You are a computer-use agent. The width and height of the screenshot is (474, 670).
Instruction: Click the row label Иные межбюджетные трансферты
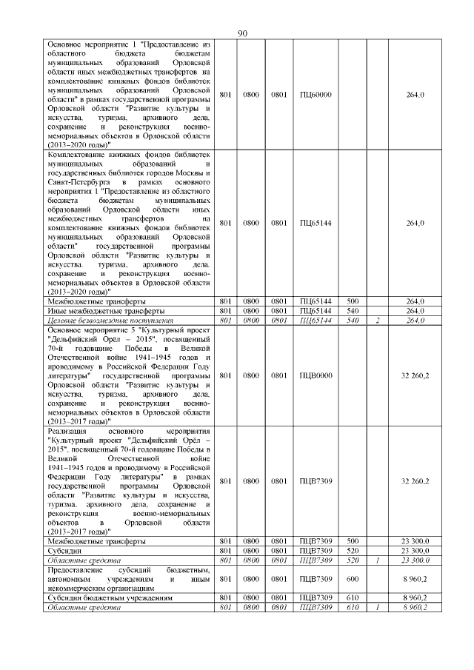[x=96, y=311]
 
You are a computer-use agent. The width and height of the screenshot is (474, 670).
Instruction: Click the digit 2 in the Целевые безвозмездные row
[x=377, y=321]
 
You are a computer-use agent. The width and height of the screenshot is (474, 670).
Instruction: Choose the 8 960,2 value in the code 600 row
[x=415, y=579]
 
